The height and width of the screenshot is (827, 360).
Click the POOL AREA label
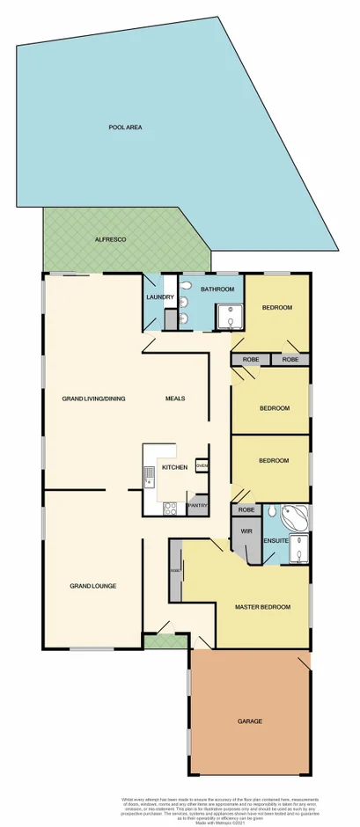pos(126,128)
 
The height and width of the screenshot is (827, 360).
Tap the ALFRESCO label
pos(112,239)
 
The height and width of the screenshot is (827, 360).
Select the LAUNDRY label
pos(159,297)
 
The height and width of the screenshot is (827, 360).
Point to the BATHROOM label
pos(216,289)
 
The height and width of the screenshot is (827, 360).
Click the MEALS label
pos(175,399)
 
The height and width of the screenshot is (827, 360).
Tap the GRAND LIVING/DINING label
pos(93,399)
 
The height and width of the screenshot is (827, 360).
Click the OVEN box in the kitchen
pos(202,466)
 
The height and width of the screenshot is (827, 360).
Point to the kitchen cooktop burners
pos(170,507)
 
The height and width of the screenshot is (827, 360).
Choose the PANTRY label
pos(198,506)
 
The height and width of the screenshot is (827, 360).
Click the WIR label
pos(246,531)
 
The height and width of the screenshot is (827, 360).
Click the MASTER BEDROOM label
pos(263,607)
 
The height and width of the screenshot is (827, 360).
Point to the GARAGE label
pos(249,721)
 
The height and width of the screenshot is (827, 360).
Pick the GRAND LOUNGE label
pos(93,585)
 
